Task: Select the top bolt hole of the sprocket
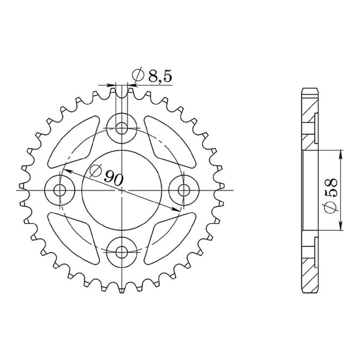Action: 121,128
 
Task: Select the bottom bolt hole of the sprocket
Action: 121,252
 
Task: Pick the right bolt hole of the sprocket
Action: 184,190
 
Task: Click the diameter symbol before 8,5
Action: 138,76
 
